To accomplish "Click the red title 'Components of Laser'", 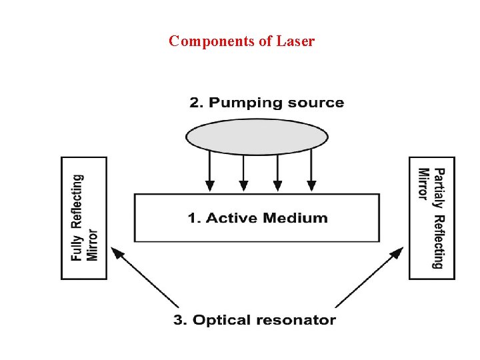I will (x=241, y=41).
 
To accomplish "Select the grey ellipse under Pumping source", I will (x=257, y=137).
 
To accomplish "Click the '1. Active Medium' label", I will (x=257, y=218).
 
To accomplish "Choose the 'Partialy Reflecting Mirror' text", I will (x=431, y=218).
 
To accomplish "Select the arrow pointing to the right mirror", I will (x=369, y=277).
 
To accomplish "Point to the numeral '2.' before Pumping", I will (x=196, y=103).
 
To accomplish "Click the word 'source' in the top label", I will (x=317, y=103).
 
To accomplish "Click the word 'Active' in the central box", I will (x=234, y=218).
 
